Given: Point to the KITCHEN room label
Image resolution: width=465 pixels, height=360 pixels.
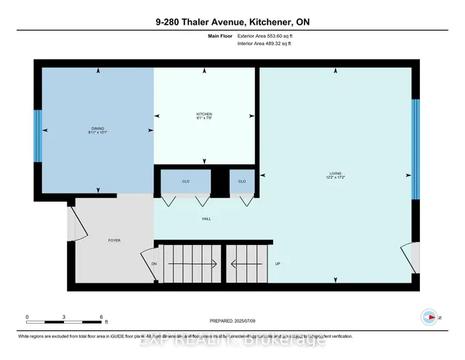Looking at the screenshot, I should click(x=204, y=116).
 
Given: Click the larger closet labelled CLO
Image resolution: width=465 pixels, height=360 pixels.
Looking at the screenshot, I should click(x=185, y=181).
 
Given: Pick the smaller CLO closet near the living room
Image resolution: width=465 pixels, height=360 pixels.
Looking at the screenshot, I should click(x=242, y=181).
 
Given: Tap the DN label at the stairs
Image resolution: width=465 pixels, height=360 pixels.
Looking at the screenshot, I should click(x=154, y=264).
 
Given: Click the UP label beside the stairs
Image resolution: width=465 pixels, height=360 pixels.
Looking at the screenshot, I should click(x=278, y=264).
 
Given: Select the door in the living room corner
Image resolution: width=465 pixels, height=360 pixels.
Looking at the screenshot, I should click(x=406, y=257).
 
